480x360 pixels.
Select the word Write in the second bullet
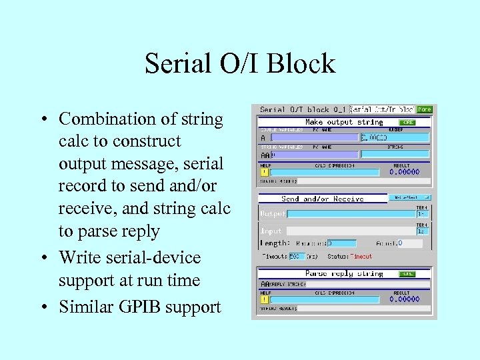point(79,258)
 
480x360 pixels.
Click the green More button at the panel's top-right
point(424,109)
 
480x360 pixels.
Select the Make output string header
point(343,122)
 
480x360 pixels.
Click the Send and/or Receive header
point(323,199)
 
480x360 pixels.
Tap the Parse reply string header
point(343,273)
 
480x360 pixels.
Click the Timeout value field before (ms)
point(297,256)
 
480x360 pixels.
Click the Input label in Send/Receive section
point(272,230)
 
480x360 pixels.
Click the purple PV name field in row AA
point(313,154)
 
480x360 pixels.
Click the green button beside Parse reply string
point(407,274)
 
